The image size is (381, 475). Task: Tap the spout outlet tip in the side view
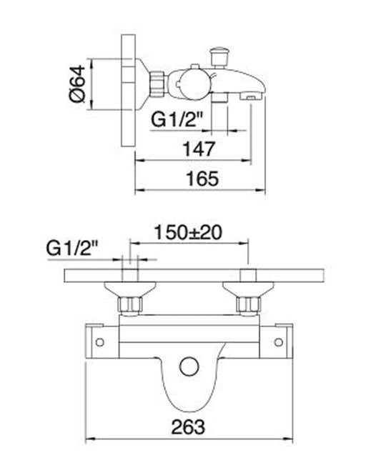click(252, 95)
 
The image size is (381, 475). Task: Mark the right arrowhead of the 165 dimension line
click(264, 191)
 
